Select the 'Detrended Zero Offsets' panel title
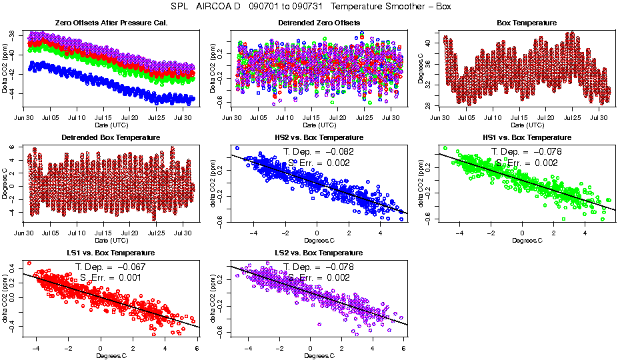(318, 23)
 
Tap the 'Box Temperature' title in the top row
(527, 23)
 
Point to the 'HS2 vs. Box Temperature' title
(318, 138)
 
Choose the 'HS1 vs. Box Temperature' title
(527, 138)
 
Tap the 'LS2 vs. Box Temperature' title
(318, 253)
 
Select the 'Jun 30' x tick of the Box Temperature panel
(440, 117)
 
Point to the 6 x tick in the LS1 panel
(196, 348)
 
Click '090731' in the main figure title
(307, 7)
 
